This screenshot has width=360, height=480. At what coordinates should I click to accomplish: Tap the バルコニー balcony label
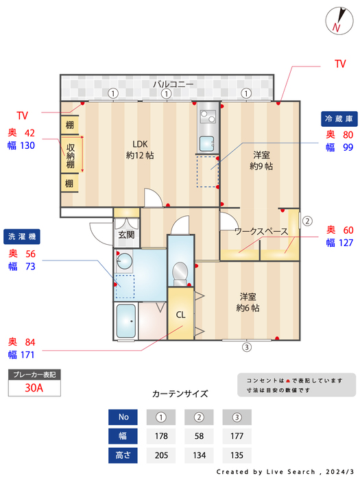[173, 84]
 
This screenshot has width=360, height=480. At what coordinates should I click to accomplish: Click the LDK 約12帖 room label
[140, 149]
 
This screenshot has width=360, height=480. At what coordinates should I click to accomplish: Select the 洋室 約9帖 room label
[261, 160]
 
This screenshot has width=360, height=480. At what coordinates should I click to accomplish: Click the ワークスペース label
[261, 232]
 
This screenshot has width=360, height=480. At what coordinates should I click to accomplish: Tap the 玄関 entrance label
[126, 235]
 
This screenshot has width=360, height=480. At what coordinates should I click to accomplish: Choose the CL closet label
[181, 315]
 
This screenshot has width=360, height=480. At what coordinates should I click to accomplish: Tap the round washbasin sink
[124, 261]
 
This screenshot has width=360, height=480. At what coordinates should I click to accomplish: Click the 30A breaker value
[34, 387]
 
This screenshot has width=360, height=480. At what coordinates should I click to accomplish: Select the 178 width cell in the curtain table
[161, 435]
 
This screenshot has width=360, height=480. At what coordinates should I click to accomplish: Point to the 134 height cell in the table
[199, 455]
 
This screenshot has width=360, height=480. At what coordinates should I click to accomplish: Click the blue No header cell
[123, 416]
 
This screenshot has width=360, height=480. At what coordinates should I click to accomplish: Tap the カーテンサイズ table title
[180, 394]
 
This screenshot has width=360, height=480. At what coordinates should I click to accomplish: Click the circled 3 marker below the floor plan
[246, 347]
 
